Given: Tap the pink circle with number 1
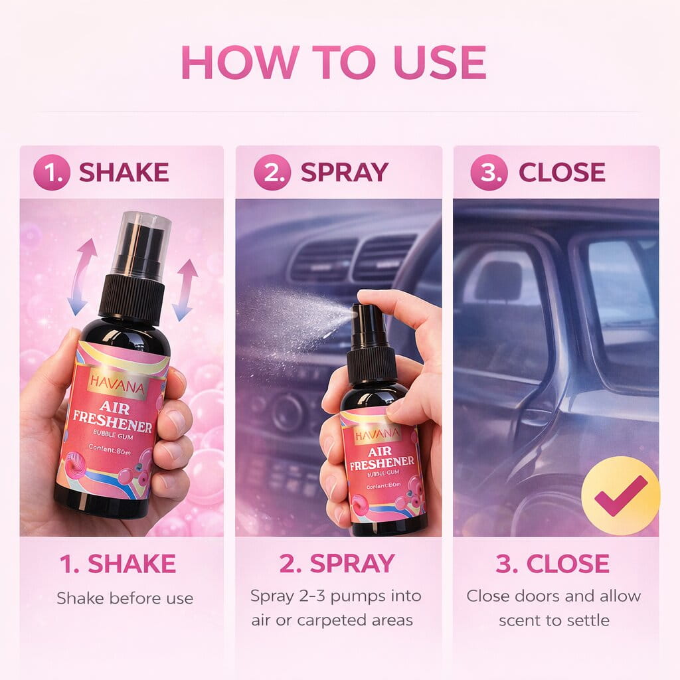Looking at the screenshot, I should [51, 173].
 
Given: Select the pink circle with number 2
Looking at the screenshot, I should [272, 173].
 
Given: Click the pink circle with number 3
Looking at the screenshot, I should [489, 173].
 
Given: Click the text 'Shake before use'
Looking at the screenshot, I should [125, 598].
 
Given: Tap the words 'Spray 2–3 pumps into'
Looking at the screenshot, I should [335, 596].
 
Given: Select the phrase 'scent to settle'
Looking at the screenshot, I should [554, 620].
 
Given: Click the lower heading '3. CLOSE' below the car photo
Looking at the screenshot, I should [552, 564].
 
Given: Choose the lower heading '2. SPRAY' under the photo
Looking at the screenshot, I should [337, 564].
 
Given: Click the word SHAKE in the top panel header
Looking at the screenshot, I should [124, 173].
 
